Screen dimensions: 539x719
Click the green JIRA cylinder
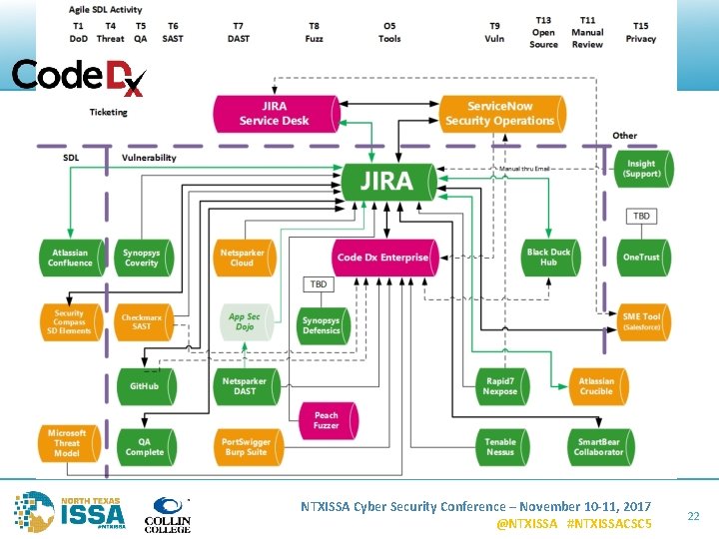pos(390,182)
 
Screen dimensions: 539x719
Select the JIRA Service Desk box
pos(273,114)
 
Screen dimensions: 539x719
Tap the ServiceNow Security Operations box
pos(499,114)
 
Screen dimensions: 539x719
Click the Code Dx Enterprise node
pos(383,258)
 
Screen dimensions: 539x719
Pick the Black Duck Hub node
pos(549,258)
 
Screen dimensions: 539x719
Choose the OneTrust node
pos(641,258)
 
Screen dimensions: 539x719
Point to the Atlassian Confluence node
pos(70,258)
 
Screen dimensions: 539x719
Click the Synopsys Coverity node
pos(141,258)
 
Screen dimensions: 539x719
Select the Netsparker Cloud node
pos(243,258)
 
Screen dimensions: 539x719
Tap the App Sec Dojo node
pos(244,321)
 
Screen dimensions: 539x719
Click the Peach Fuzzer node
pos(327,420)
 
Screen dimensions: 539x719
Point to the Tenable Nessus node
pos(500,446)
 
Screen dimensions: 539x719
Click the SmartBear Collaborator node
pos(598,446)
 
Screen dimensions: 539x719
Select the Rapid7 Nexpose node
pos(500,385)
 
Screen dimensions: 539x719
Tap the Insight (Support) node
pos(641,169)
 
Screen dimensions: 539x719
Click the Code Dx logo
pos(78,77)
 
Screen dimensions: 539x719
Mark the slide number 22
pos(693,515)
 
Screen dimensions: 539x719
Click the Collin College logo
pos(170,513)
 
